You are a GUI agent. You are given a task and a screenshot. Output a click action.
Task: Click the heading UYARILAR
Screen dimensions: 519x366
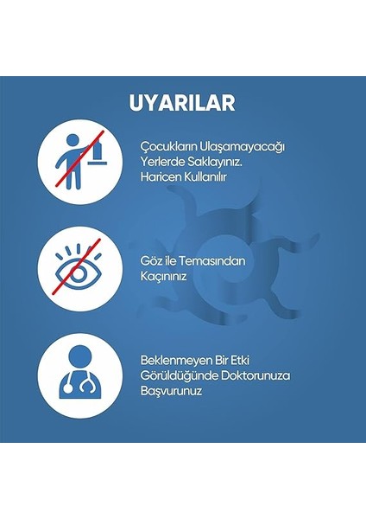[x=182, y=103]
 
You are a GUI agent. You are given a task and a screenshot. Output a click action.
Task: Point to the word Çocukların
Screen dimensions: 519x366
[x=170, y=146]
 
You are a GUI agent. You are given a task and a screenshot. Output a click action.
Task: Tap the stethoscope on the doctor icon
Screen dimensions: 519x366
[x=89, y=388]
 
